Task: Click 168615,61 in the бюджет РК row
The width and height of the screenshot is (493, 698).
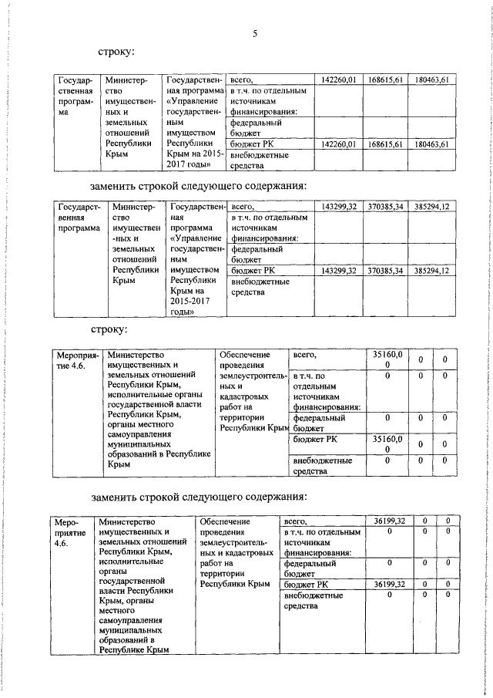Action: pos(386,144)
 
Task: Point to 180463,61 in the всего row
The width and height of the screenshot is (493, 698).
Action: pos(431,79)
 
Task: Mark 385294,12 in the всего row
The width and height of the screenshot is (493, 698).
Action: pos(431,207)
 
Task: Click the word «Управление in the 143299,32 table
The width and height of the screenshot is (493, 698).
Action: pos(194,239)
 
